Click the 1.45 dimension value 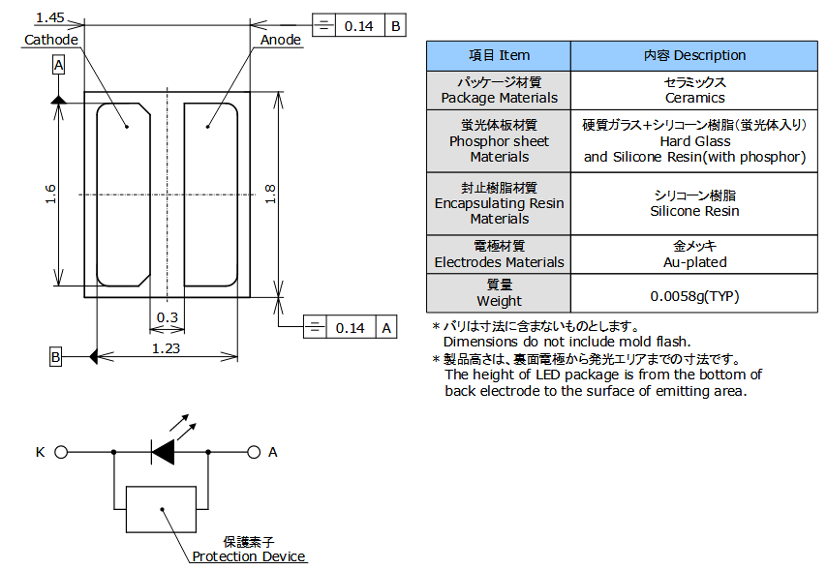click(49, 17)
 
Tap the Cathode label click(50, 40)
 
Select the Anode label click(281, 40)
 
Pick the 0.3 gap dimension click(168, 317)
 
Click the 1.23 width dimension click(167, 348)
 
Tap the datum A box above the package click(58, 65)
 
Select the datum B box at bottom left click(56, 357)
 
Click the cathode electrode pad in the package click(123, 194)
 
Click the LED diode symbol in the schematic click(164, 451)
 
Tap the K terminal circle click(61, 451)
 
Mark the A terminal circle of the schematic click(254, 451)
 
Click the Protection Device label click(249, 556)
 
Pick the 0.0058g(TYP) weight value click(694, 294)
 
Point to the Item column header click(499, 55)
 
